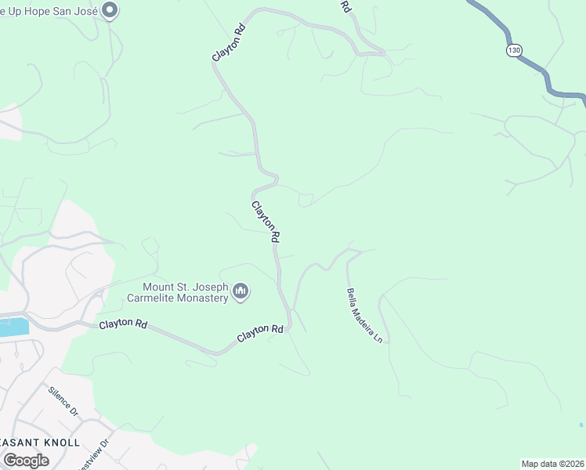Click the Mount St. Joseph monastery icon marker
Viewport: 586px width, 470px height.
[x=241, y=293]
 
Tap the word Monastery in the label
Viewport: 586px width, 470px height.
[x=200, y=298]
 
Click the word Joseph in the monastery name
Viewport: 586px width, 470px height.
[x=210, y=287]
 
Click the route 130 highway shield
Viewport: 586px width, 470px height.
[x=513, y=50]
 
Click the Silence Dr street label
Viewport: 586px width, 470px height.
[x=63, y=400]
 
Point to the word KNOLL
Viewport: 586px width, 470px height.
[x=57, y=443]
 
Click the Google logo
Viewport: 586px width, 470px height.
[x=26, y=460]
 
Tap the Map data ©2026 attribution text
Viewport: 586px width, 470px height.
[x=552, y=464]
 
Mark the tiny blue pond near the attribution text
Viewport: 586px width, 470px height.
[x=581, y=425]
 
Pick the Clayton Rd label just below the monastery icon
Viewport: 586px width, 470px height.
[x=260, y=333]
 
